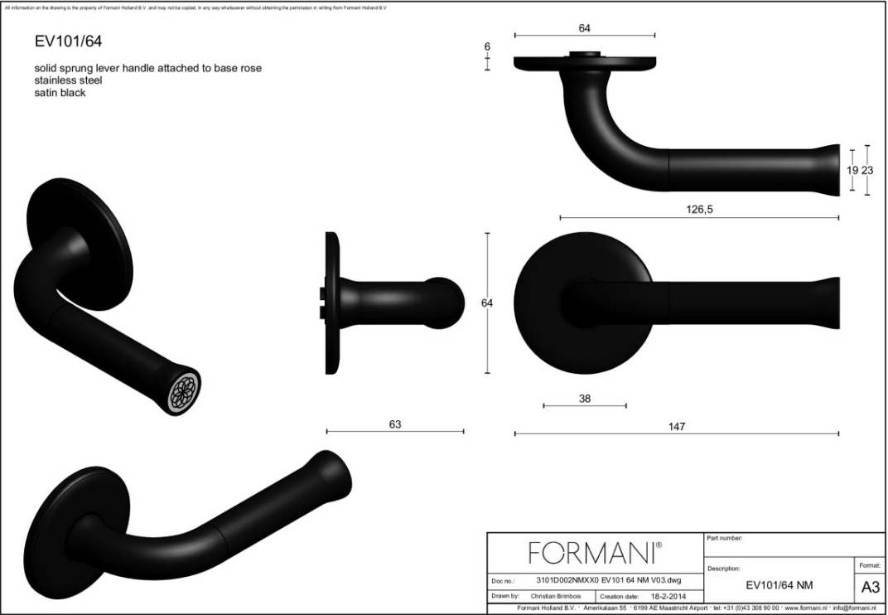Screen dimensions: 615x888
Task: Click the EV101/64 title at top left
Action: coord(69,41)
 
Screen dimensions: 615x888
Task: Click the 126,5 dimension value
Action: coord(698,210)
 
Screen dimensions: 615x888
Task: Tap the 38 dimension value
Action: coord(584,398)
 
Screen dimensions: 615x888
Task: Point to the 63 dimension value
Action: coord(394,424)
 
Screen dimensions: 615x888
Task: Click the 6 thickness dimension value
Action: coord(487,47)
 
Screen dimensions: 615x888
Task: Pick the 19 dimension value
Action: coord(852,170)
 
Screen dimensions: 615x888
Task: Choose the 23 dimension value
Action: coord(867,170)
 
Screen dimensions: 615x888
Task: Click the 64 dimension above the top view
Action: coord(584,28)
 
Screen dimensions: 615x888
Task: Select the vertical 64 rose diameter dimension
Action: coord(487,303)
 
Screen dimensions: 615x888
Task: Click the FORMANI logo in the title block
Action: coord(594,552)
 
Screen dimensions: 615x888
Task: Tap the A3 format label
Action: coord(871,587)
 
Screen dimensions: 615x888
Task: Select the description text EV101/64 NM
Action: coord(779,586)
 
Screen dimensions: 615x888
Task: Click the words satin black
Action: coord(60,93)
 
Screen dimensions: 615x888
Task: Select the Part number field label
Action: coord(725,539)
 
